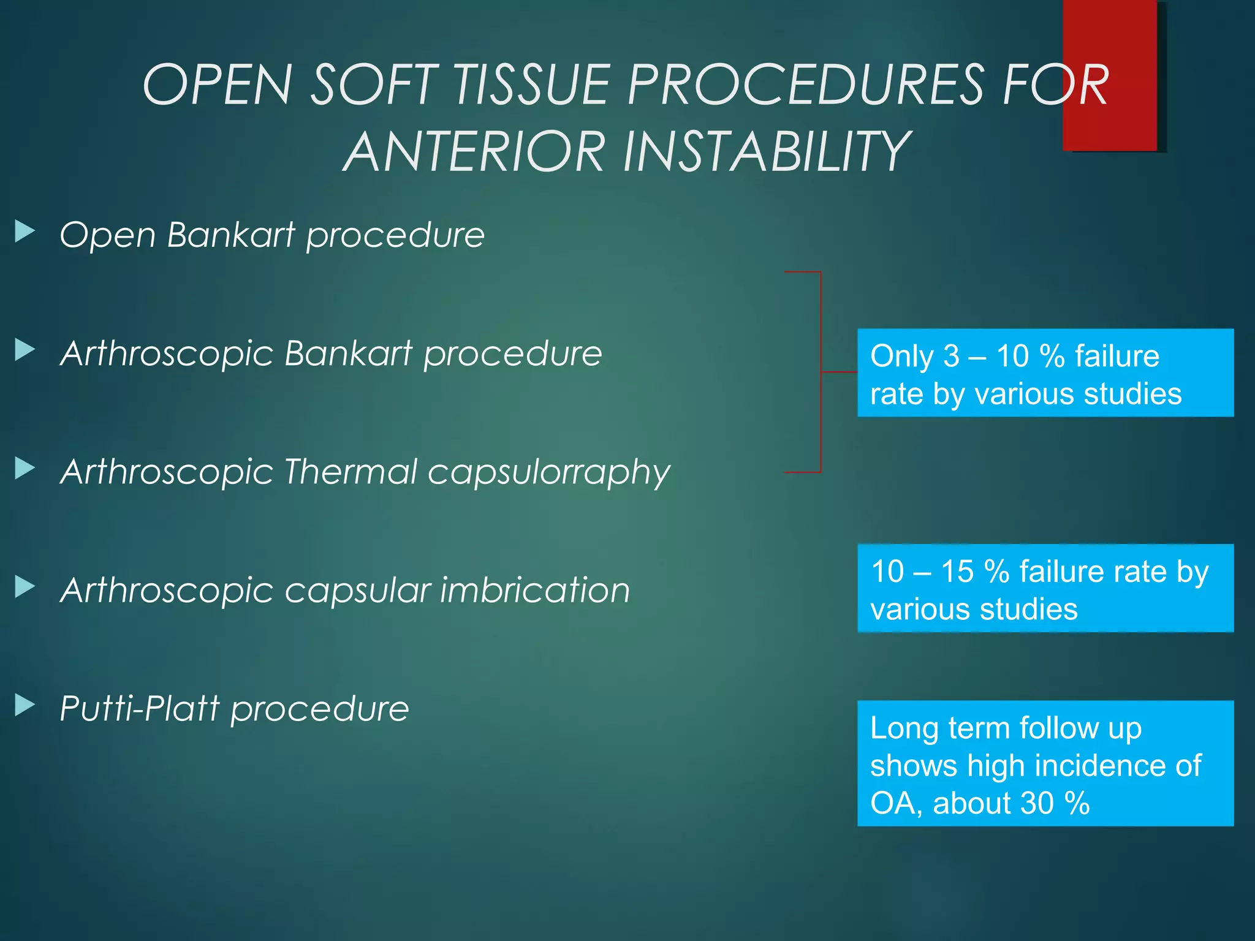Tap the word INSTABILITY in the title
766,151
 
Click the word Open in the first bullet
107,235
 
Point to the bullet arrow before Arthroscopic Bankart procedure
25,350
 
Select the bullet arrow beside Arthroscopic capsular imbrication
25,587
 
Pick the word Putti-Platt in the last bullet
140,709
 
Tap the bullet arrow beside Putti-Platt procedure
25,705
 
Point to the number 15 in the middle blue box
957,572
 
